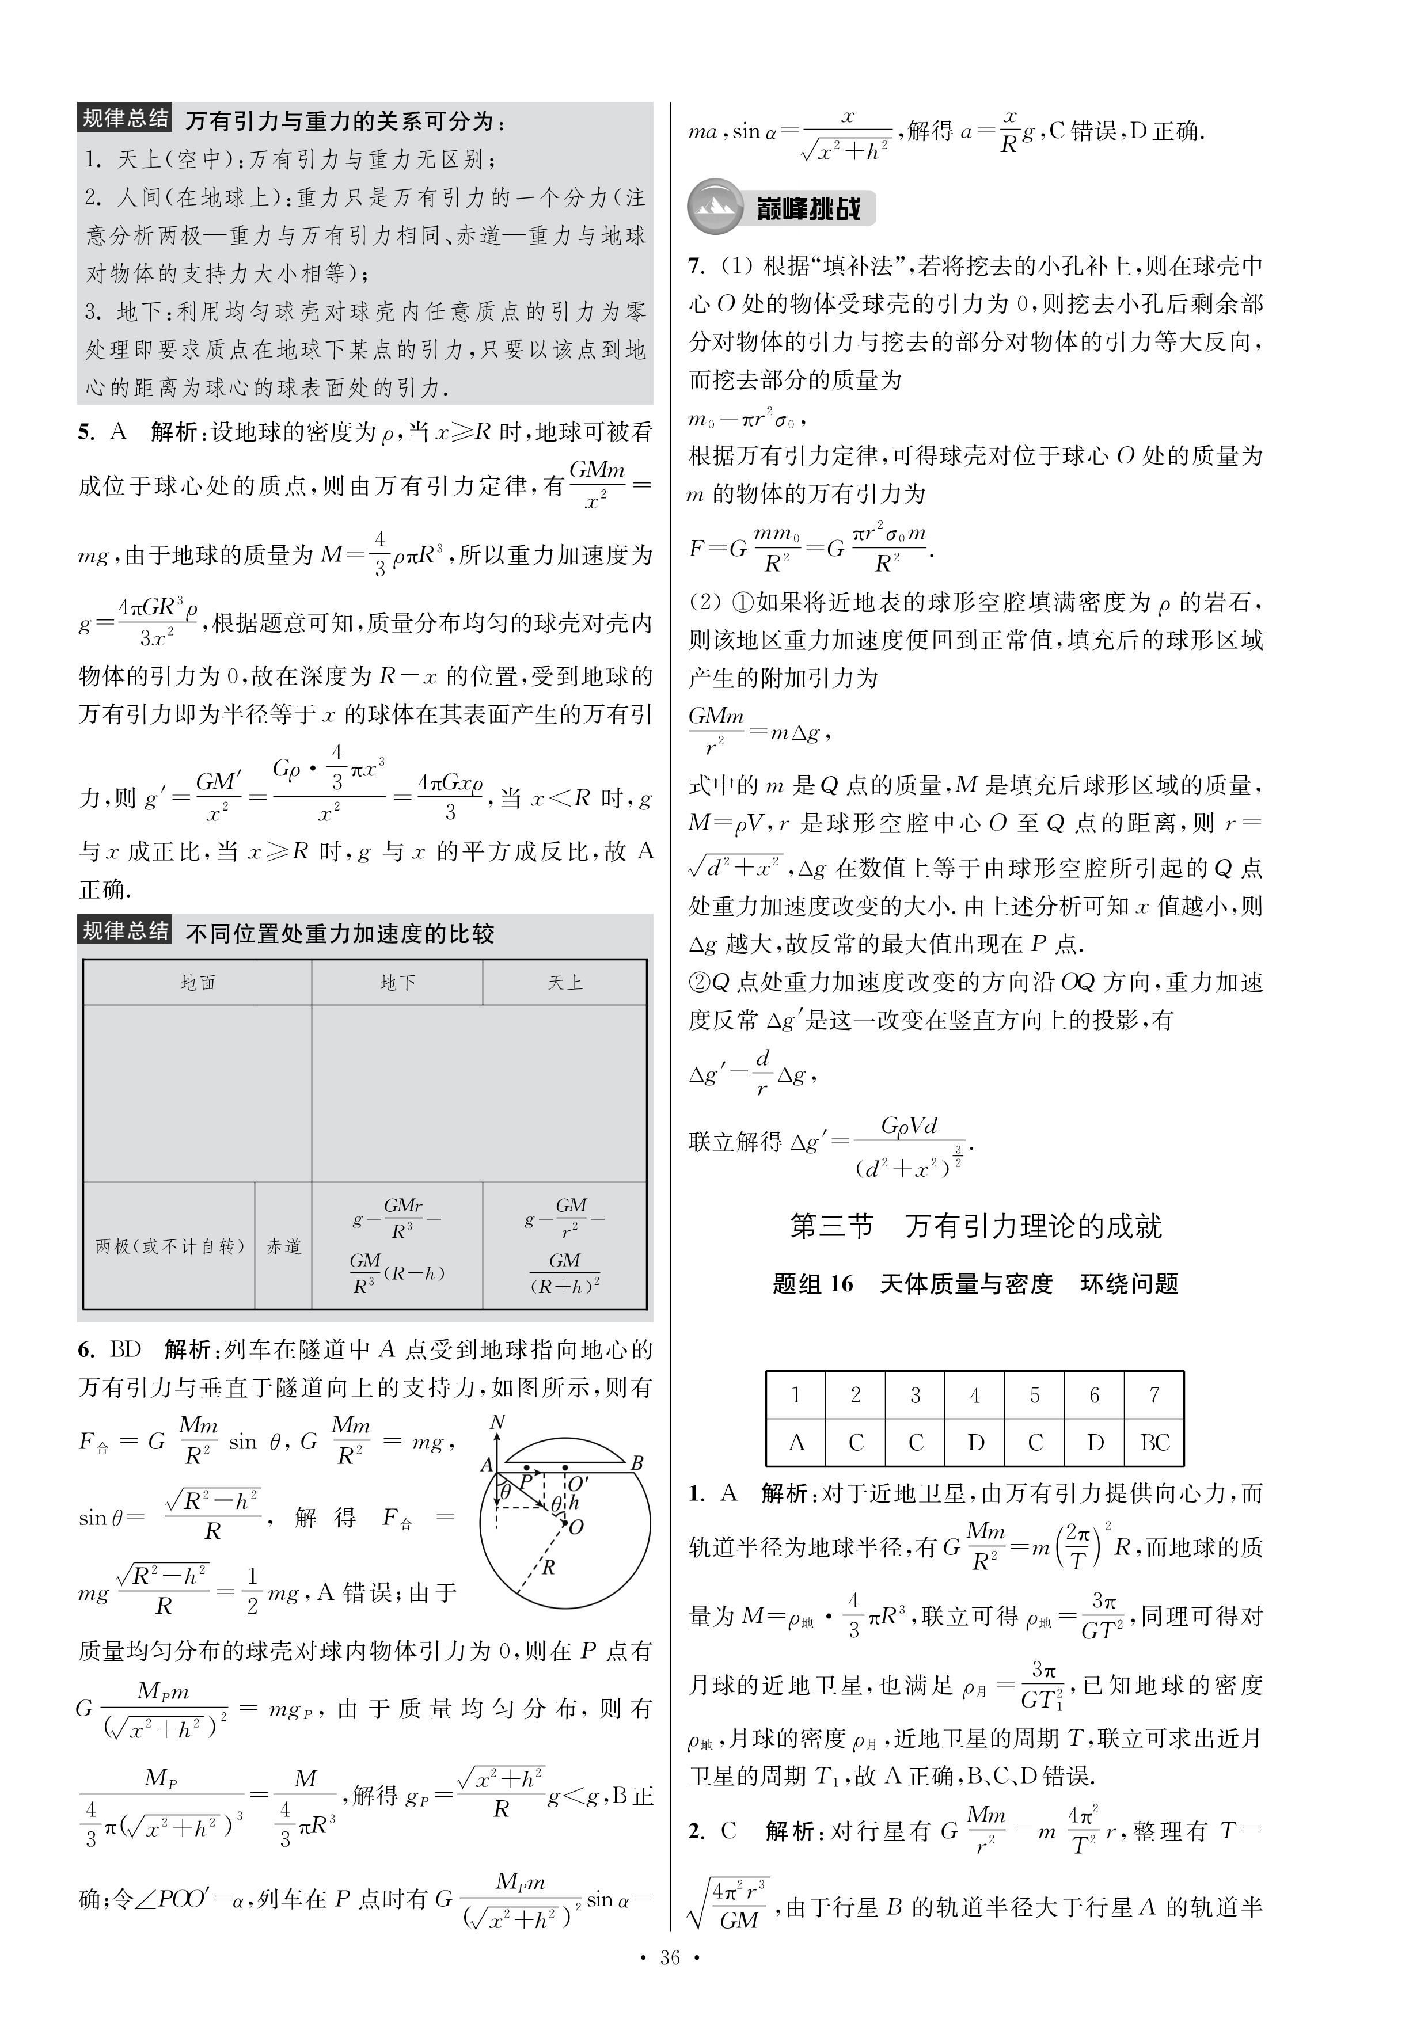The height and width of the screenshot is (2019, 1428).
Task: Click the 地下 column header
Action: pos(397,982)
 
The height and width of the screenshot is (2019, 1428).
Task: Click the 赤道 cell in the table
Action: pos(283,1246)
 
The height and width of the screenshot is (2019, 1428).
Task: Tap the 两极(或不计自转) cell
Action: pos(169,1246)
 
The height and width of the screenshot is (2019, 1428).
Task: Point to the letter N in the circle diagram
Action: pos(497,1422)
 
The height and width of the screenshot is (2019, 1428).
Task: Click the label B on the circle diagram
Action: pos(637,1463)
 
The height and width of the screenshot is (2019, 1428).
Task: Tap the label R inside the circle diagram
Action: pos(549,1567)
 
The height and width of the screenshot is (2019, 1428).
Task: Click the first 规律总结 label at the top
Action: pos(125,119)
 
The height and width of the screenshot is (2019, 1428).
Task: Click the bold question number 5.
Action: pos(85,432)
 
